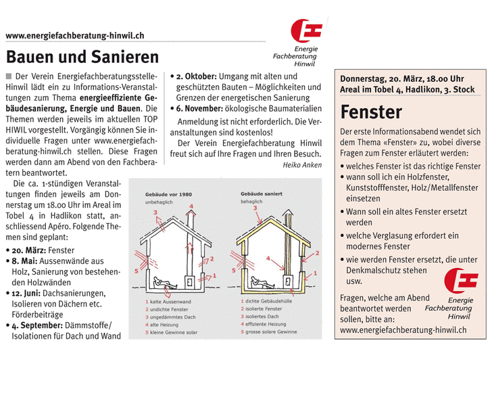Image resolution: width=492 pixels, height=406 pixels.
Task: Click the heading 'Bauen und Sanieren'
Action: click(82, 57)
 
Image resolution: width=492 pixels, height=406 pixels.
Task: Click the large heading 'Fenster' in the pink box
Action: click(371, 112)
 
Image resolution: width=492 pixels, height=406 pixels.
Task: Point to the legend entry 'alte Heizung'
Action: click(168, 324)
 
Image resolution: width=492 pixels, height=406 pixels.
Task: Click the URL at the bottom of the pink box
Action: click(403, 330)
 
